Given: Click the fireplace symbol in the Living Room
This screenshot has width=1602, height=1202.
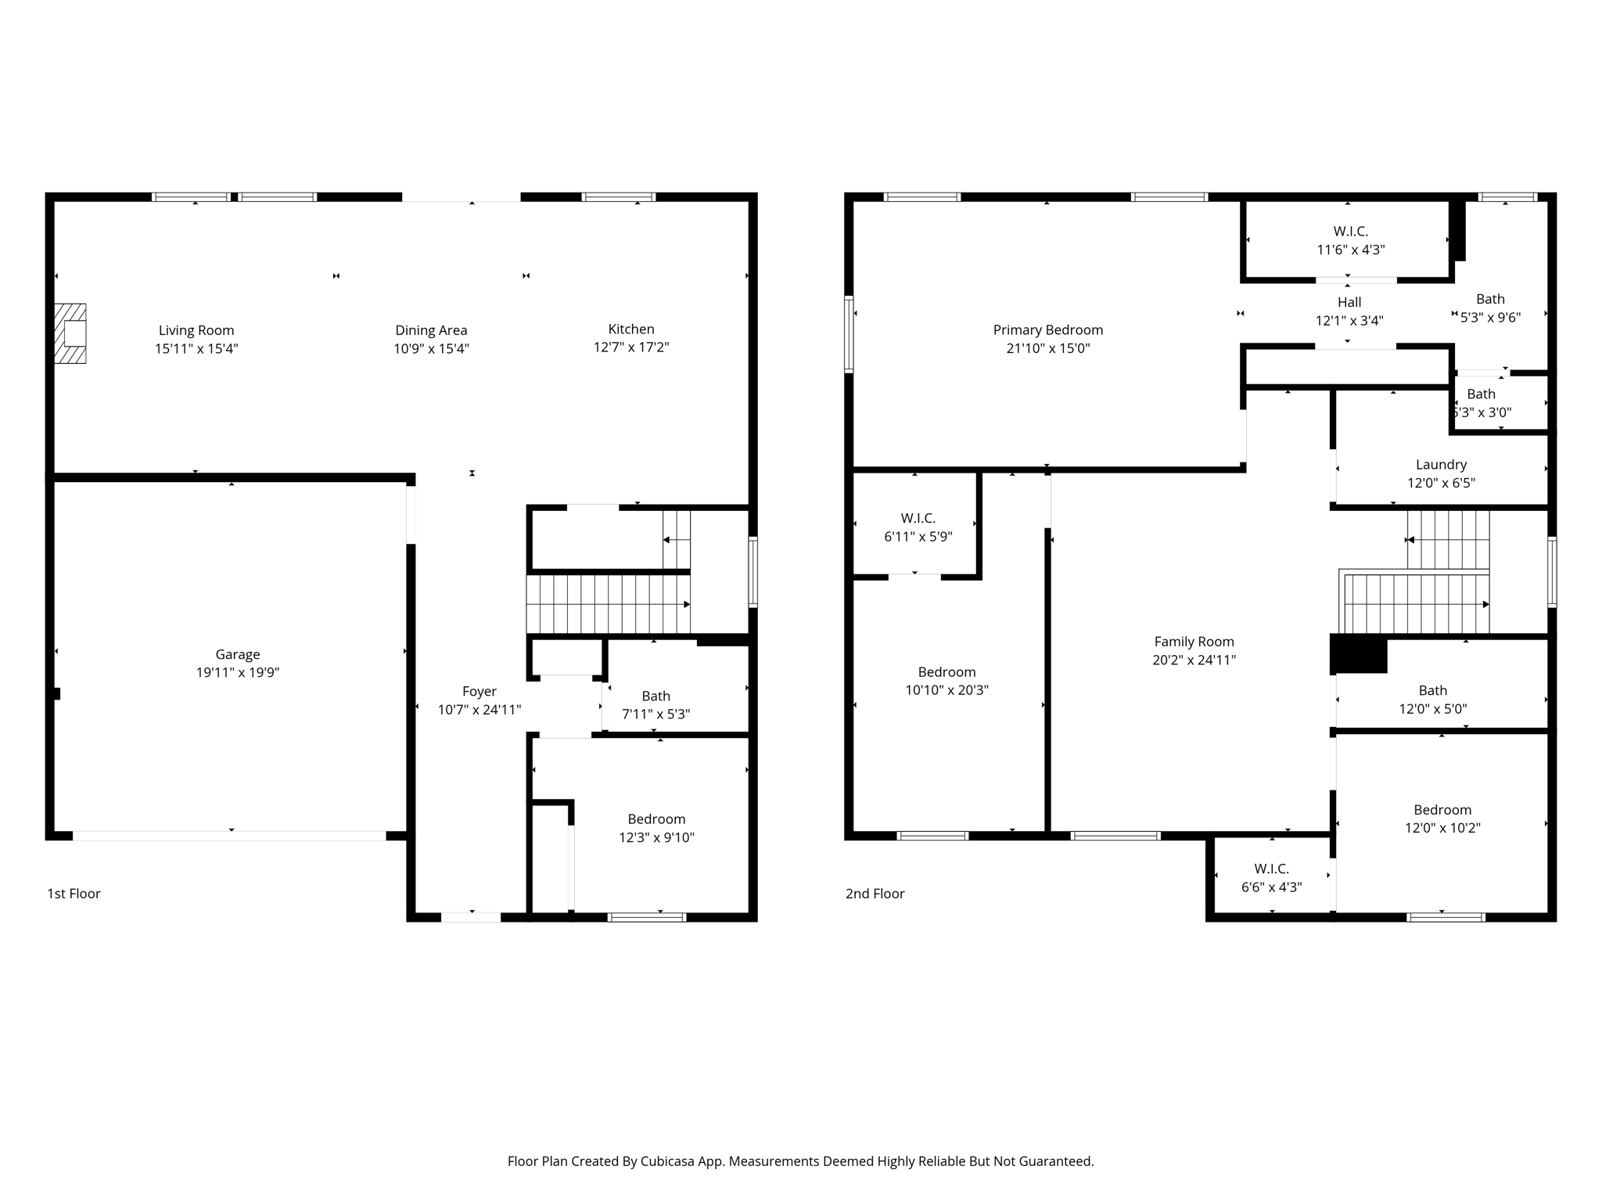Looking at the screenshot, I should (x=70, y=333).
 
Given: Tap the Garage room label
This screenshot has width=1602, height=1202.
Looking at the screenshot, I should (x=238, y=654).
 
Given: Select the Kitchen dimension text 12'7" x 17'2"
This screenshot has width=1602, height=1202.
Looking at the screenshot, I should (x=631, y=347).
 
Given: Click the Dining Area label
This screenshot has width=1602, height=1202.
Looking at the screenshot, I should (x=431, y=330).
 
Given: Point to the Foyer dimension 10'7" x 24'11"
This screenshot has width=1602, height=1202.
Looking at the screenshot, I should (x=480, y=710).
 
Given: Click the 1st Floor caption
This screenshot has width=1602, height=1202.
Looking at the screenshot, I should (x=74, y=894).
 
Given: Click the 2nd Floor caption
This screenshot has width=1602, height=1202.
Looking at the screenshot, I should (x=875, y=894).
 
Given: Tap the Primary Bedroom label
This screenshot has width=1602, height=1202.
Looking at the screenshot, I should (x=1048, y=330).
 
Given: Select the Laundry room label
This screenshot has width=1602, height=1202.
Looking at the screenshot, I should (x=1441, y=465).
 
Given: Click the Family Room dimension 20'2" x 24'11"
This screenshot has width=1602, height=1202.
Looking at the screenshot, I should (x=1194, y=660).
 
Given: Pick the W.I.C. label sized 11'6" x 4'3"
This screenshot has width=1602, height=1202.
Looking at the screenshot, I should (x=1351, y=232).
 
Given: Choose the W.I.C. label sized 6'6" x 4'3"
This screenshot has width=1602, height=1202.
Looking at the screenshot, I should (x=1271, y=869).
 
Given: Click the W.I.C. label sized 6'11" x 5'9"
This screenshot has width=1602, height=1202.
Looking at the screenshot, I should (x=918, y=518).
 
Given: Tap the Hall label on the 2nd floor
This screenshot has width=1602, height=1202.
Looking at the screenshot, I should (x=1349, y=302).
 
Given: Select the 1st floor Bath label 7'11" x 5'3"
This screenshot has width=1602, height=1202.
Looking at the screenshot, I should (x=656, y=696).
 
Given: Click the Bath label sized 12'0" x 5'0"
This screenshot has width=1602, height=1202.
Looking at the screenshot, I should (x=1432, y=690).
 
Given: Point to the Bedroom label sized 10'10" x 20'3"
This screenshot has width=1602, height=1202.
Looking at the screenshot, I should (x=946, y=672).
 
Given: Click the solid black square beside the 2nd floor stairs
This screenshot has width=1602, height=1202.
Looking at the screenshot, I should (x=1360, y=655).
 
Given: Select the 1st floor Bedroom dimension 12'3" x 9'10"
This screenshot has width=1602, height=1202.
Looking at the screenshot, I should (x=656, y=837).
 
